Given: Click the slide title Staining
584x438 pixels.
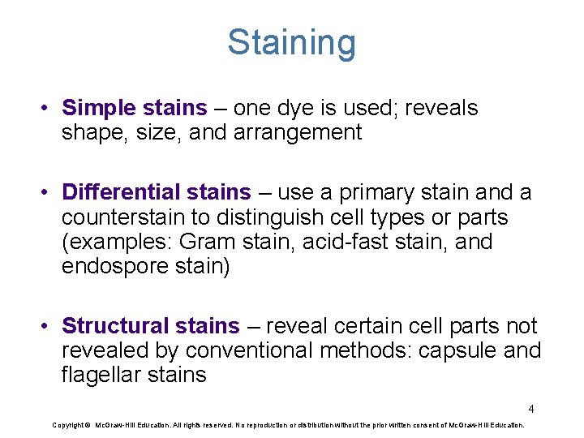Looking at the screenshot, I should (x=291, y=42).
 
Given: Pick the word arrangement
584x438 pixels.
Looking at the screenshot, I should (x=296, y=132).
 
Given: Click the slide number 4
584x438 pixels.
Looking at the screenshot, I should (x=530, y=409).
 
